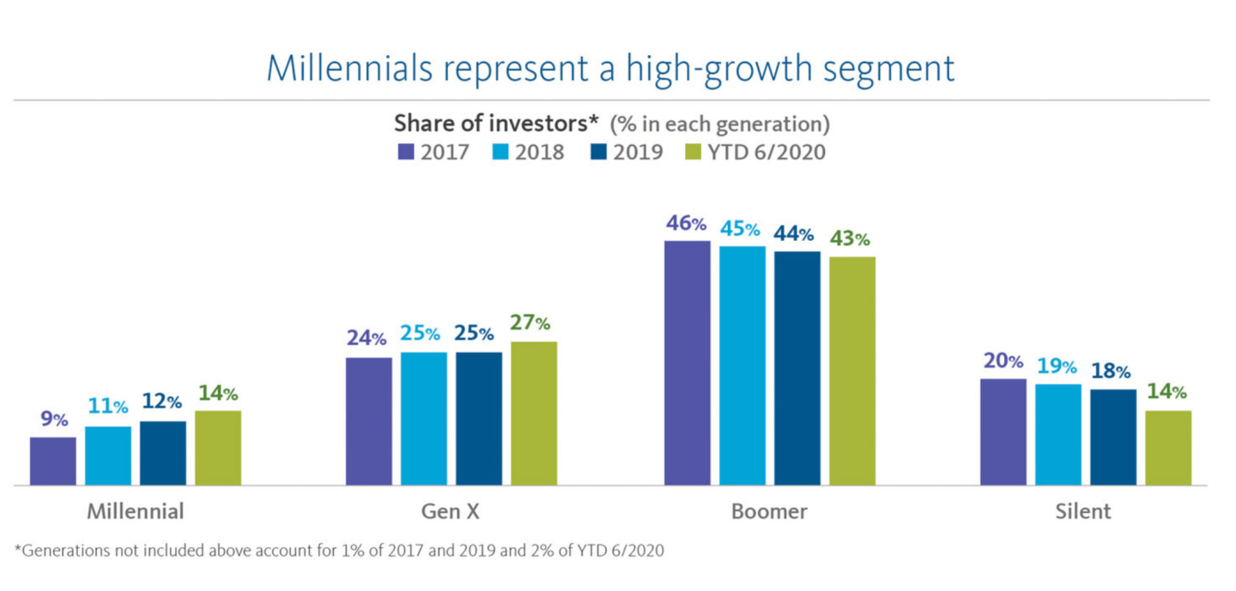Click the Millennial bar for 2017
pyautogui.click(x=53, y=461)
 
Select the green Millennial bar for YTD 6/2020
pyautogui.click(x=218, y=448)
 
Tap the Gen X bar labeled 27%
pyautogui.click(x=534, y=413)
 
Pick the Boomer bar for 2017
pyautogui.click(x=688, y=363)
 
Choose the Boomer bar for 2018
pyautogui.click(x=742, y=365)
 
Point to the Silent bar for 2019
pyautogui.click(x=1113, y=437)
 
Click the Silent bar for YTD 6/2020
pyautogui.click(x=1168, y=448)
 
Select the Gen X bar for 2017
pyautogui.click(x=369, y=421)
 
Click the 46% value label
pyautogui.click(x=687, y=225)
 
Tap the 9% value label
pyautogui.click(x=53, y=419)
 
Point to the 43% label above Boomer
pyautogui.click(x=850, y=239)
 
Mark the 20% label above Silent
pyautogui.click(x=1003, y=361)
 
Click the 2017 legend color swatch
pyautogui.click(x=406, y=153)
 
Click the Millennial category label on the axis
pyautogui.click(x=136, y=512)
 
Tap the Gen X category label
pyautogui.click(x=451, y=512)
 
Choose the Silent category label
pyautogui.click(x=1083, y=512)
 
